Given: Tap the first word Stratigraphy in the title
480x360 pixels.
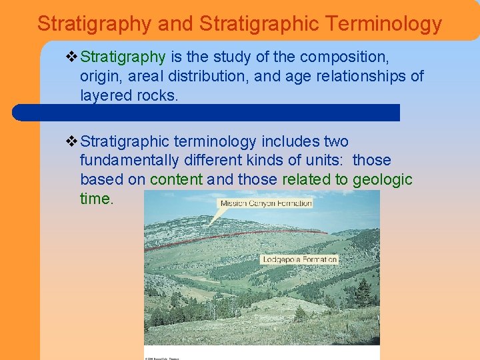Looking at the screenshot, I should pos(94,24).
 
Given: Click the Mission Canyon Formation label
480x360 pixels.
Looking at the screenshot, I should pos(266,203).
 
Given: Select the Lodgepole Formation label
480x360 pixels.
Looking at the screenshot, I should pos(300,259).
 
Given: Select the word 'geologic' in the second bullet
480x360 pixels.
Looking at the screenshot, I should pos(383,180).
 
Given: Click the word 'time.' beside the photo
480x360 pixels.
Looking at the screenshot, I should pos(97,199).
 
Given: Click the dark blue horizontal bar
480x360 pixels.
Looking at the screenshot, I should pos(207,112).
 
